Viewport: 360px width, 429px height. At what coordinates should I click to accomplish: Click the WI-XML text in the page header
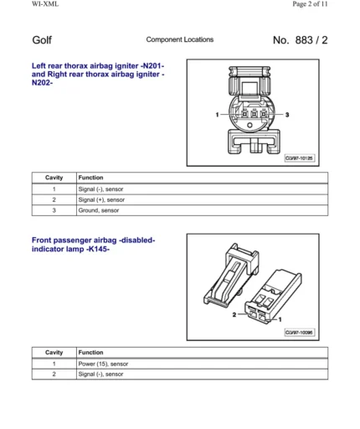coord(22,4)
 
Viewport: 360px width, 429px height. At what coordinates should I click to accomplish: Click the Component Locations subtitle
coord(179,39)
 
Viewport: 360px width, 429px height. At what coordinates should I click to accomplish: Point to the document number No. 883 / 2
coord(300,40)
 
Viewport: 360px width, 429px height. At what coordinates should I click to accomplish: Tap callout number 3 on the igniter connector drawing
coord(287,113)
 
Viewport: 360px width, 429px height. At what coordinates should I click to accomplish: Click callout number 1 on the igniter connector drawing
coord(216,113)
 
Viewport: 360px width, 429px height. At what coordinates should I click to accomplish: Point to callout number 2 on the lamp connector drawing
coord(234,317)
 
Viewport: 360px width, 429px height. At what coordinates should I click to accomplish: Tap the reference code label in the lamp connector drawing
coord(298,333)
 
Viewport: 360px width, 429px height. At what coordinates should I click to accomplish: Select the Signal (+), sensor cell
coord(101,200)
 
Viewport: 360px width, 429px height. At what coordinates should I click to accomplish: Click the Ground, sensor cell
coord(99,211)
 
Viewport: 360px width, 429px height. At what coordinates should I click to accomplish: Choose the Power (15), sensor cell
coord(103,364)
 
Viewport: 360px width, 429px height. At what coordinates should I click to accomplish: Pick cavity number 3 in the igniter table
coord(54,211)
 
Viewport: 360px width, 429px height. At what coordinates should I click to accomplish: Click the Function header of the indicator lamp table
coord(90,353)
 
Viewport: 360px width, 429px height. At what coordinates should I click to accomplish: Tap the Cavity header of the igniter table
coord(54,178)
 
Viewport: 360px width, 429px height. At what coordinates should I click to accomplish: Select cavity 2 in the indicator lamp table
coord(54,375)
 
